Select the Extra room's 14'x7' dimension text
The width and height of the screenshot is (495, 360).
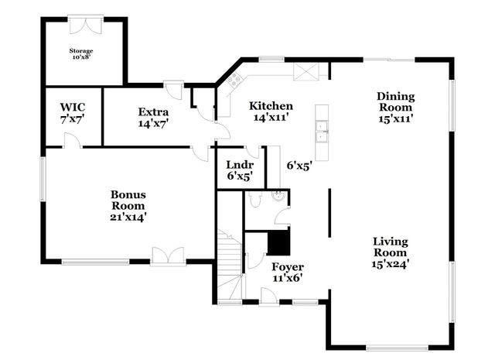point(153,122)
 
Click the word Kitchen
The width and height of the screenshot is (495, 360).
point(270,106)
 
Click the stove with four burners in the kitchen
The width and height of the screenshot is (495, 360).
point(234,80)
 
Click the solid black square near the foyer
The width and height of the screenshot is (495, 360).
point(278,243)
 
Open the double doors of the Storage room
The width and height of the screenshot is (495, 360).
point(84,26)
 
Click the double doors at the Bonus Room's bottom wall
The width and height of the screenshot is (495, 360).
point(168,255)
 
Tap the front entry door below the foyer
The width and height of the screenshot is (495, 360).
point(267,295)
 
